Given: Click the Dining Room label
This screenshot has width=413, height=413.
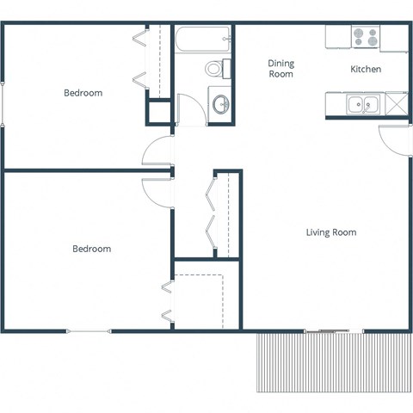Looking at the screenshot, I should pos(280,69).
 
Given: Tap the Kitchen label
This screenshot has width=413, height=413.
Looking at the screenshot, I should pos(366,69).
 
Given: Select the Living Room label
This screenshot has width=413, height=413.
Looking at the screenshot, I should pos(331,232).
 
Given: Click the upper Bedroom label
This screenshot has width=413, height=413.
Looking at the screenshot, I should pos(83,93).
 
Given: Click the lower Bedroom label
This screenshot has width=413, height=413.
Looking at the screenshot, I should pos(91,249).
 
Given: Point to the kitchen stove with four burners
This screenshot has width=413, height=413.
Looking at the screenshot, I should pos(365,37).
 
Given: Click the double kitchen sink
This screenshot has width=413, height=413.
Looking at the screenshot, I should pos(362,105).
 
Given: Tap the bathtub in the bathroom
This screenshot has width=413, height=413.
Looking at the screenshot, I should pos(203,38).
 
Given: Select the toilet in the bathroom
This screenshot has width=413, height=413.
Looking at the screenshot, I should pos(216,68).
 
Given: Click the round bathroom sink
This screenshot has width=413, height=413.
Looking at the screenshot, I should pos(221,105).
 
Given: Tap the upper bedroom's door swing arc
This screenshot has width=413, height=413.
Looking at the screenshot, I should pos(157,151).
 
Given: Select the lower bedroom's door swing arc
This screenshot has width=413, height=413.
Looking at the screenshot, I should pos(157,190).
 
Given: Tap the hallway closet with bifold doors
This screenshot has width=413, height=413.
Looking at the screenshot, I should pos(221,214).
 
